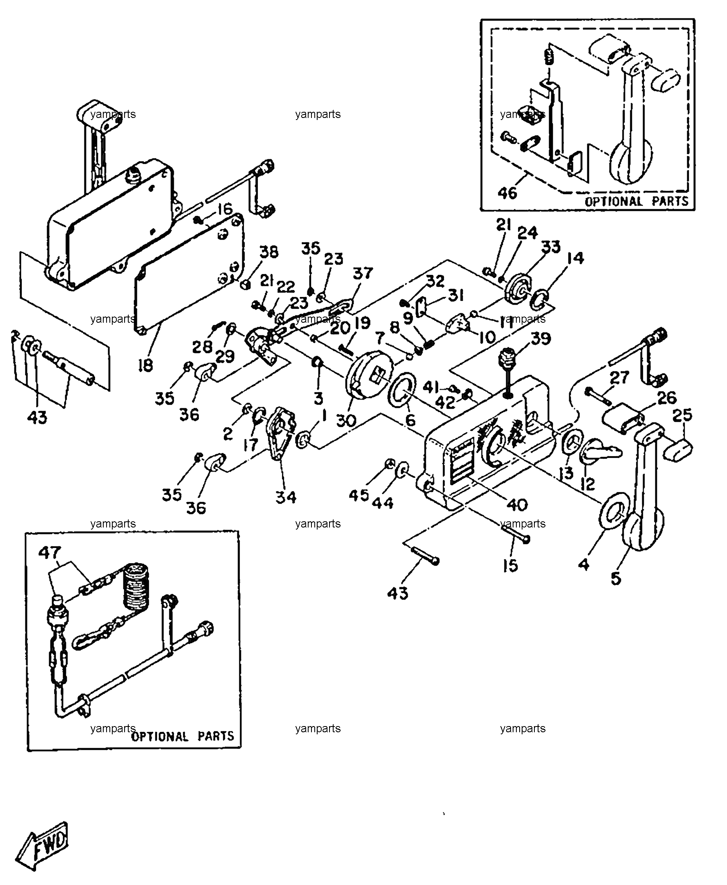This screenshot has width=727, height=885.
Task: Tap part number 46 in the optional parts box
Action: (508, 193)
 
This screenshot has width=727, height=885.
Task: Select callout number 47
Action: (50, 553)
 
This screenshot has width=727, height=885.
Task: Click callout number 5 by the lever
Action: (616, 579)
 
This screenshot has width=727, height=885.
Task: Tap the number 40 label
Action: (517, 505)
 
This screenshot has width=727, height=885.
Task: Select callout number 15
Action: (511, 566)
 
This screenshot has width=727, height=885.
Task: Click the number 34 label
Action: (286, 497)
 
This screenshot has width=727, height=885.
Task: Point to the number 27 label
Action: (619, 378)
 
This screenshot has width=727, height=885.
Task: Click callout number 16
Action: (225, 208)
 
